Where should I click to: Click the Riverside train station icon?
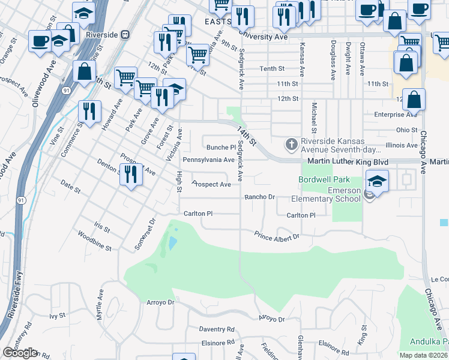(x=125, y=35)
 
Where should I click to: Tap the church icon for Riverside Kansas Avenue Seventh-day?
(x=291, y=145)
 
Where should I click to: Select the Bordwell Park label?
(x=324, y=179)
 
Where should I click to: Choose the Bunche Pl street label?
(x=221, y=147)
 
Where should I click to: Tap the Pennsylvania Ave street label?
(x=208, y=160)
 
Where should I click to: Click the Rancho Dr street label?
(x=259, y=197)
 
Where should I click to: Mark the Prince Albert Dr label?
(x=276, y=236)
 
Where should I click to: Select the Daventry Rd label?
(x=216, y=329)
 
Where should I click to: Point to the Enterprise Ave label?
(x=396, y=114)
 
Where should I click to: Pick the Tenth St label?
(x=271, y=69)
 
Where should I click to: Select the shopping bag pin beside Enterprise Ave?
(x=414, y=100)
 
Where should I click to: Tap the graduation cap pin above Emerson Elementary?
(x=377, y=180)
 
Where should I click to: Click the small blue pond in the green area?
(x=173, y=243)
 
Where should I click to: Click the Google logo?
(x=20, y=353)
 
